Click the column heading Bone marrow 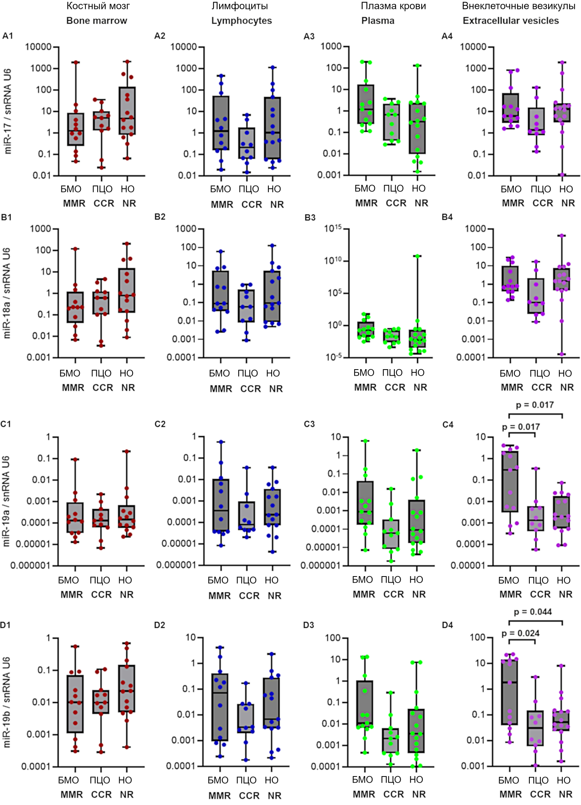pos(97,21)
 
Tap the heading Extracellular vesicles pos(511,21)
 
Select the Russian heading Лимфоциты pos(239,6)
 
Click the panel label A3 pos(309,37)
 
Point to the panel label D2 pos(160,625)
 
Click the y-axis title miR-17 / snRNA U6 pos(8,111)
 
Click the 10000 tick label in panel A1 pos(39,47)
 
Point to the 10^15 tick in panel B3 pos(333,228)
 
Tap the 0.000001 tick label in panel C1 pos(30,566)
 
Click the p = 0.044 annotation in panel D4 pos(533,612)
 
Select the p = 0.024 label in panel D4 pos(520,633)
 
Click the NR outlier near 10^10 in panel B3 pos(418,256)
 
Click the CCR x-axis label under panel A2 pos(252,205)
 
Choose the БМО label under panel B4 pos(510,373)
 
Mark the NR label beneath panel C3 pos(419,594)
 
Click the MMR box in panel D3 pos(365,702)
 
